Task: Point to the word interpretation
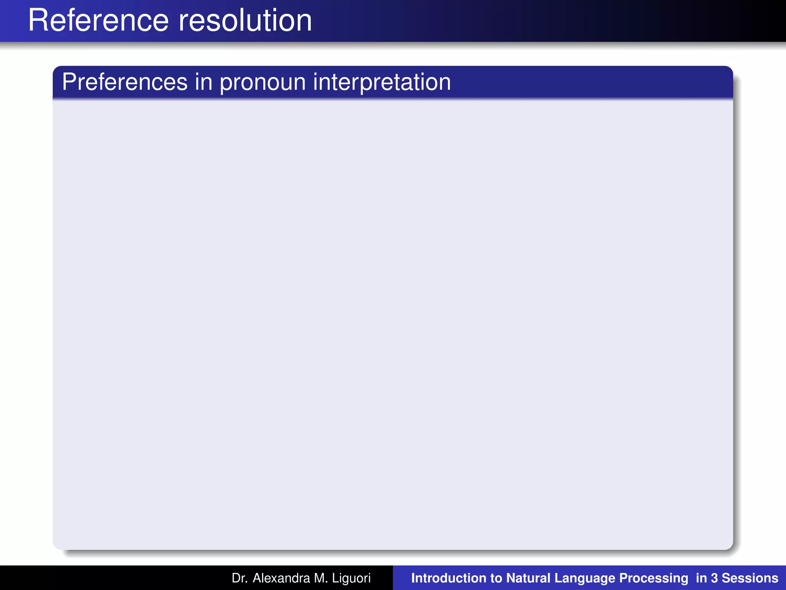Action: pyautogui.click(x=382, y=83)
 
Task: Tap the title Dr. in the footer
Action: pyautogui.click(x=239, y=578)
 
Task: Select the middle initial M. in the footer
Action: pyautogui.click(x=321, y=578)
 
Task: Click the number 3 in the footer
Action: pyautogui.click(x=714, y=578)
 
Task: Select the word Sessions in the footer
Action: pyautogui.click(x=750, y=578)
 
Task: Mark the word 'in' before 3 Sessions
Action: pyautogui.click(x=702, y=578)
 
